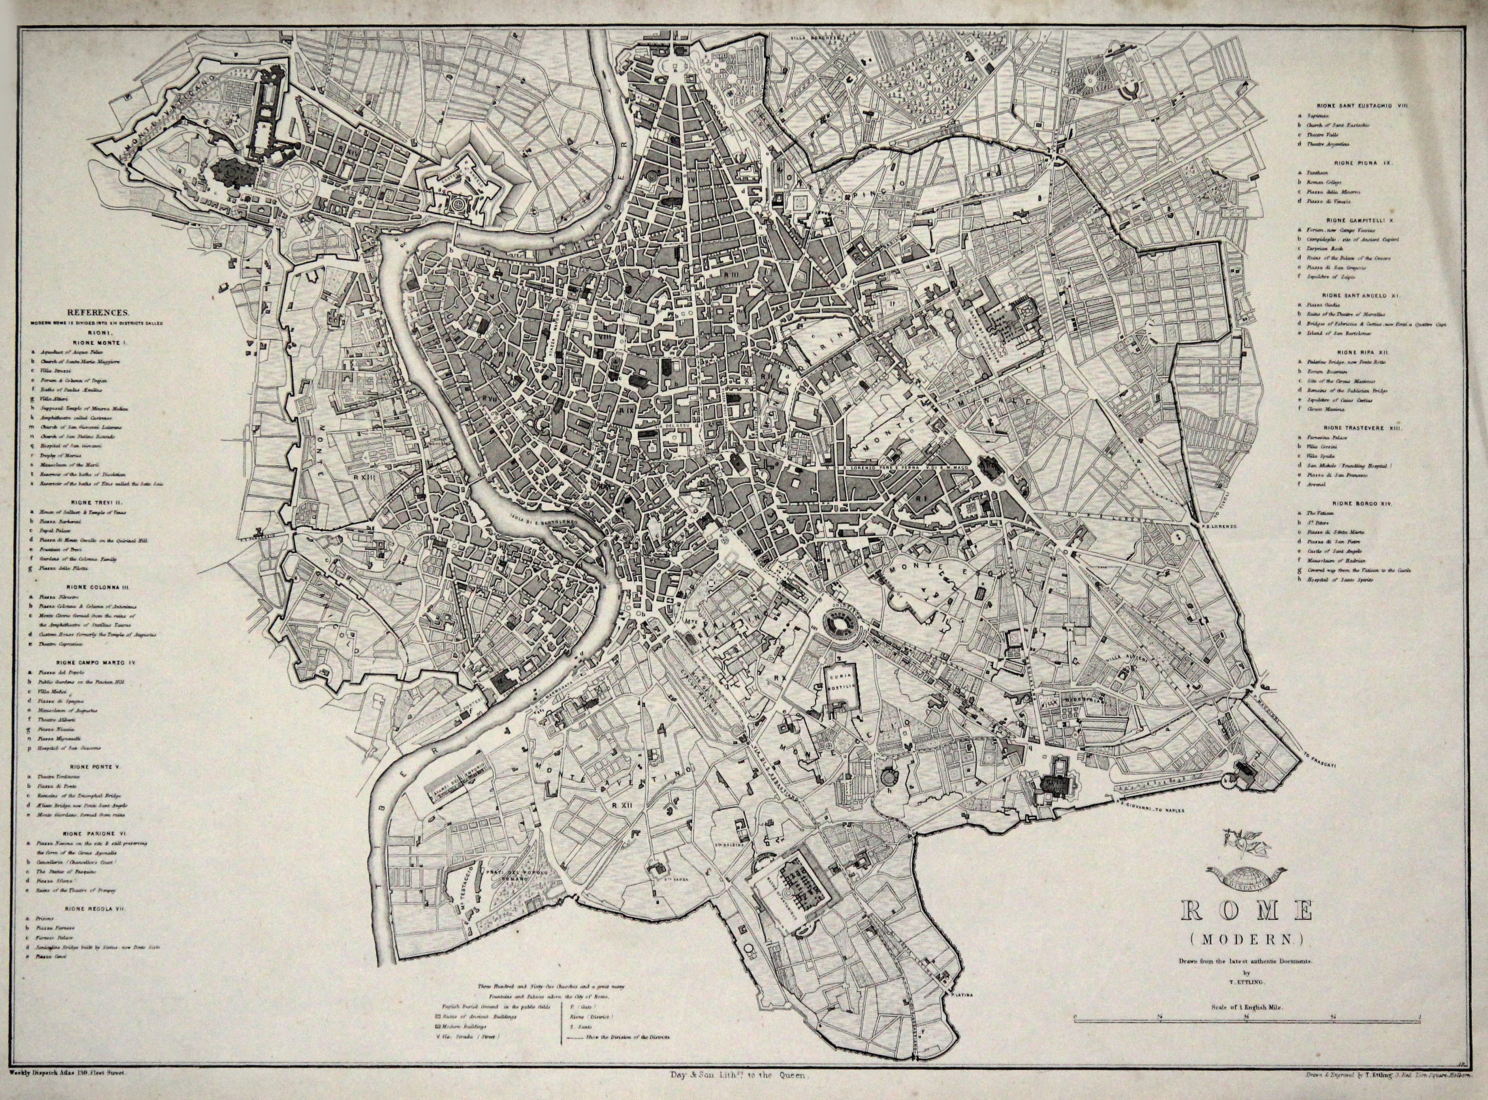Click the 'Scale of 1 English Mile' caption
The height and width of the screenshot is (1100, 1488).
[1246, 989]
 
